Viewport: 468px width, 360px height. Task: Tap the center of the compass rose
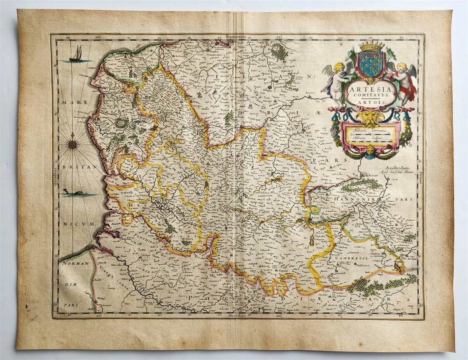(x=73, y=145)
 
